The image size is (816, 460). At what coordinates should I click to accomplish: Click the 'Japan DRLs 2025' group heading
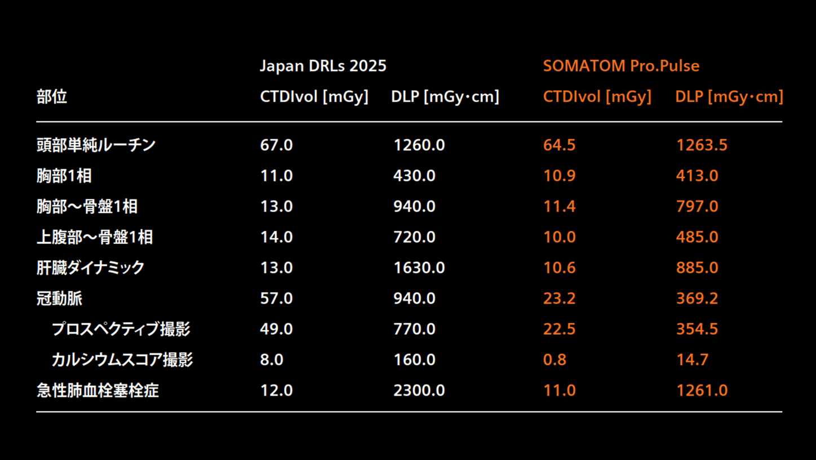pos(323,66)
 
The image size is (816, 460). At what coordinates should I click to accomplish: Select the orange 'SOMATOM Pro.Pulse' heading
pos(621,66)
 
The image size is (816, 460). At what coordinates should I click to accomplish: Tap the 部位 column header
pos(52,97)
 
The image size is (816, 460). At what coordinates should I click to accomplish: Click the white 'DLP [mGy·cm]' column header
pos(445,97)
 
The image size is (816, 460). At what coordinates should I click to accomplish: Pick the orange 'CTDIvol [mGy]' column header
pos(597,97)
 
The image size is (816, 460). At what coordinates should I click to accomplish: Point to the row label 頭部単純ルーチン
pos(96,145)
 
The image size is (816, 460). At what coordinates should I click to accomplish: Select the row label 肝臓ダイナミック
pos(91,268)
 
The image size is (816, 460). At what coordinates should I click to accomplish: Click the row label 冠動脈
pos(60,298)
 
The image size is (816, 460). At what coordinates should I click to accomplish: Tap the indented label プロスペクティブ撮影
pos(121,329)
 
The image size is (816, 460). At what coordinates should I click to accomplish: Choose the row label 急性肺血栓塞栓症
pos(97,391)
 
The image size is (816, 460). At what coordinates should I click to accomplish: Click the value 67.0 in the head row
pos(276,145)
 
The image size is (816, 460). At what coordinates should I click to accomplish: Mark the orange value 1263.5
pos(702,145)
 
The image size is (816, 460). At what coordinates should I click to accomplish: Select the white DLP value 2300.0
pos(419,391)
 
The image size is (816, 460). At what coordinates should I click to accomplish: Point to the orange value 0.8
pos(555,360)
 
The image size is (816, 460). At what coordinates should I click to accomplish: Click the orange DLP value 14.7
pos(692,360)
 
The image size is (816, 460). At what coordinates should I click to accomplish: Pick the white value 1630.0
pos(419,268)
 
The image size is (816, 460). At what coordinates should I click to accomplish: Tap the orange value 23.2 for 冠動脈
pos(559,298)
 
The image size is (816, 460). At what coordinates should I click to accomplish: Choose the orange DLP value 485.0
pos(697,237)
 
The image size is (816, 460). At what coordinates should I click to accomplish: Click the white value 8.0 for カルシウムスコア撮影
pos(272,360)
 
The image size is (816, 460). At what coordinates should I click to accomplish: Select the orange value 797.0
pos(697,207)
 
